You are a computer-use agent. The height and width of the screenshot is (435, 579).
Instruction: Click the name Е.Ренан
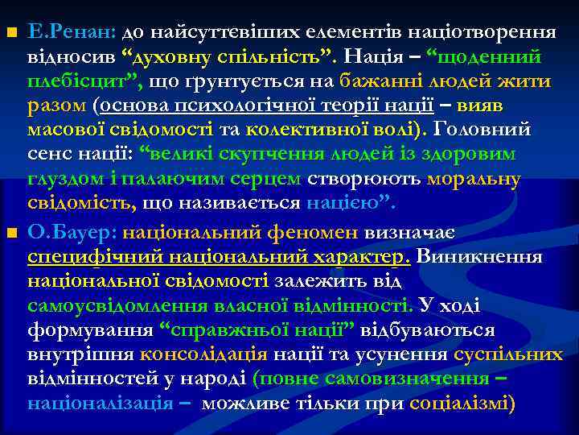click(72, 33)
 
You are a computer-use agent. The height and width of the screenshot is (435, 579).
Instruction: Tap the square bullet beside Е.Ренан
click(10, 33)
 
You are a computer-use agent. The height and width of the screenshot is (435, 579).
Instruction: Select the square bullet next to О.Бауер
click(10, 234)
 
